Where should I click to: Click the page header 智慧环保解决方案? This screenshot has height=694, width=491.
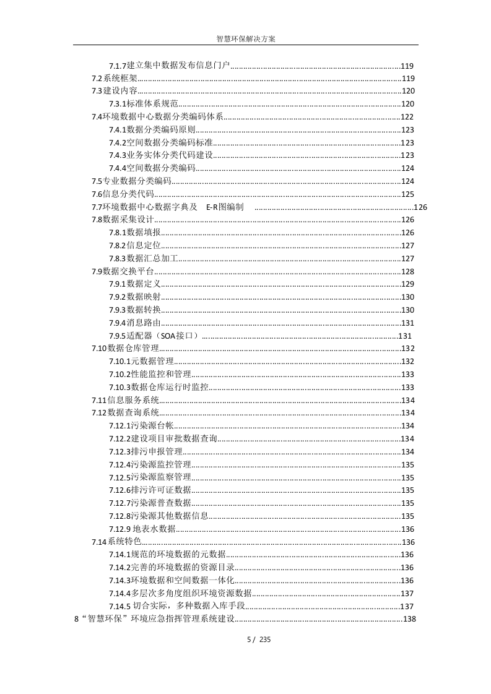click(246, 38)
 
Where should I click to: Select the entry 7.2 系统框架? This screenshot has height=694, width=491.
click(115, 79)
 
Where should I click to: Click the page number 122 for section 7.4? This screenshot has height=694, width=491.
click(407, 117)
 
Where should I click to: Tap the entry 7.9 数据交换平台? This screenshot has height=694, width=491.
click(123, 271)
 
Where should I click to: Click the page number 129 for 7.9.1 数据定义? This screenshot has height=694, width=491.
click(407, 284)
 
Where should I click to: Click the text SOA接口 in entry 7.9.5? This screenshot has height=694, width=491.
click(179, 336)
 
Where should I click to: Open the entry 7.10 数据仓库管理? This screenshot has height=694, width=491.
click(126, 349)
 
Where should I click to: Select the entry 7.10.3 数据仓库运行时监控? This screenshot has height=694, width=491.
click(159, 387)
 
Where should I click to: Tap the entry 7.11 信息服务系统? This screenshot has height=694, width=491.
click(126, 400)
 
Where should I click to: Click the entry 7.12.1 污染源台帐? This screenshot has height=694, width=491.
click(142, 426)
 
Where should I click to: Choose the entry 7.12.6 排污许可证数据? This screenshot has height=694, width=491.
click(150, 490)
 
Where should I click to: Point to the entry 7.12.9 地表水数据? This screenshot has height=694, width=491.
click(142, 529)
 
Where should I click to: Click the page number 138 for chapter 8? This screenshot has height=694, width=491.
click(409, 619)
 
